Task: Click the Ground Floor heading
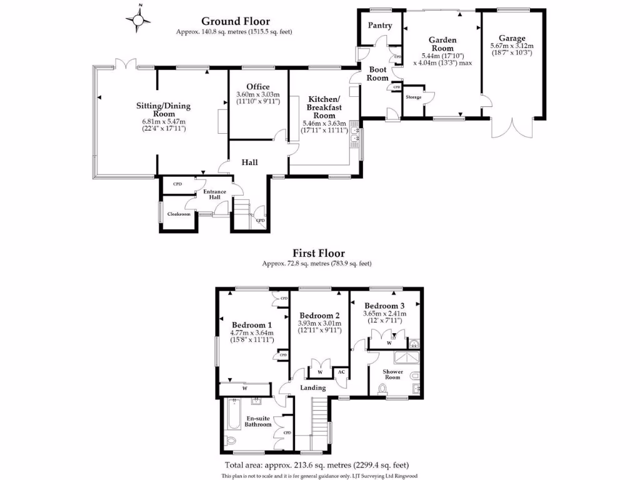tap(235, 21)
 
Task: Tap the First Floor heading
tap(319, 254)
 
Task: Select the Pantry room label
tap(380, 26)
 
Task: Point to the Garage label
tap(512, 38)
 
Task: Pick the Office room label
tap(257, 86)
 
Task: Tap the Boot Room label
tap(377, 74)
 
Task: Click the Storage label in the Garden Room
tap(414, 97)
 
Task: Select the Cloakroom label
tap(178, 214)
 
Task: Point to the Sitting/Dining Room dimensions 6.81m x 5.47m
tap(164, 121)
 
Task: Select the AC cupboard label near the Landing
tap(341, 372)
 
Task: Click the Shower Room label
tap(392, 374)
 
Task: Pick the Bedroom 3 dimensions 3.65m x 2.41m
tap(386, 314)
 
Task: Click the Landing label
tap(313, 388)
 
